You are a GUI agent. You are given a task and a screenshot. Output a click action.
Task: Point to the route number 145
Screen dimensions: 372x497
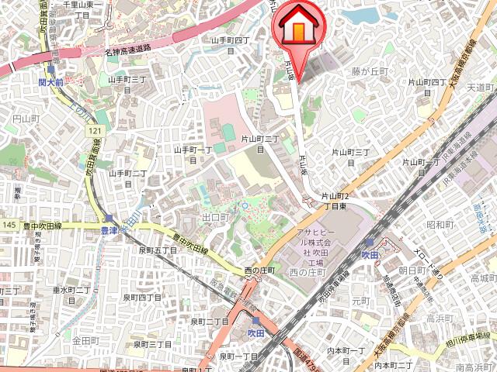[9, 225]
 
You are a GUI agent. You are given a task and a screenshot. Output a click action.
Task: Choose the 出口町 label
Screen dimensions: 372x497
[216, 218]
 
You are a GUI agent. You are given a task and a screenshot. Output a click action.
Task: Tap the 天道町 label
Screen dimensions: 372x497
[481, 87]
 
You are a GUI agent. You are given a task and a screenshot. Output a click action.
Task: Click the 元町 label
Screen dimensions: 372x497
[361, 300]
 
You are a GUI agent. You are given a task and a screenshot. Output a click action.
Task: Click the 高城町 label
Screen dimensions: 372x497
[483, 278]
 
